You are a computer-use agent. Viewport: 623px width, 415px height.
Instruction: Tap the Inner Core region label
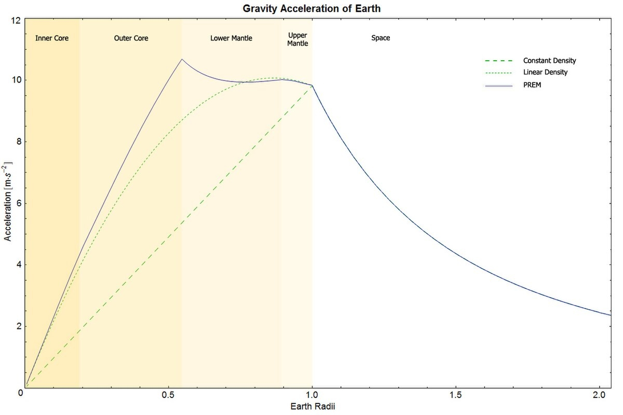click(52, 38)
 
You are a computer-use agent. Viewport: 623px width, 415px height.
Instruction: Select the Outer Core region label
click(131, 38)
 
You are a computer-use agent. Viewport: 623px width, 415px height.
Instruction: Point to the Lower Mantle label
click(231, 38)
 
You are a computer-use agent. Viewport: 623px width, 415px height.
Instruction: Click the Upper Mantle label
click(297, 39)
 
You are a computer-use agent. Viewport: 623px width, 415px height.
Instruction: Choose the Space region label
click(381, 38)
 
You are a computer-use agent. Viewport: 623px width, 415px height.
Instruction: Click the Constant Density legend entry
click(549, 61)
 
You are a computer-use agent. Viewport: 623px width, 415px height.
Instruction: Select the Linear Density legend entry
click(545, 72)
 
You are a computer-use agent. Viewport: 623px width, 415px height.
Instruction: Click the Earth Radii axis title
click(312, 406)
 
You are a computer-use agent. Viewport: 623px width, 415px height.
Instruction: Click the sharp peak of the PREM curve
click(182, 59)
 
